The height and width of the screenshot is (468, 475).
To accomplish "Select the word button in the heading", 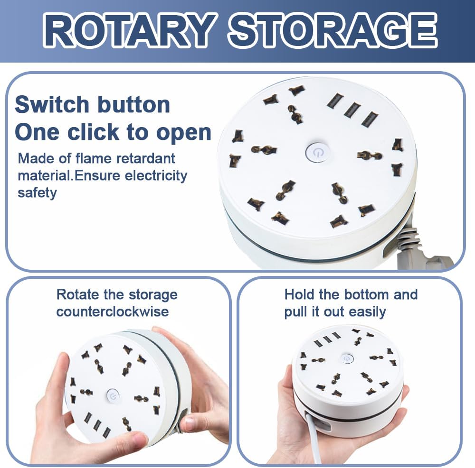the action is point(133,105).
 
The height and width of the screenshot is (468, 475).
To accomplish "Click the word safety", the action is point(37,193).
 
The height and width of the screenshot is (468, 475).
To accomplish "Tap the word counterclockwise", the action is point(113,312).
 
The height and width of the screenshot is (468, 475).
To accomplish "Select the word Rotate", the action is point(77,294).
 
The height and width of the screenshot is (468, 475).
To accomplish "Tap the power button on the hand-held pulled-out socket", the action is point(347,358).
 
